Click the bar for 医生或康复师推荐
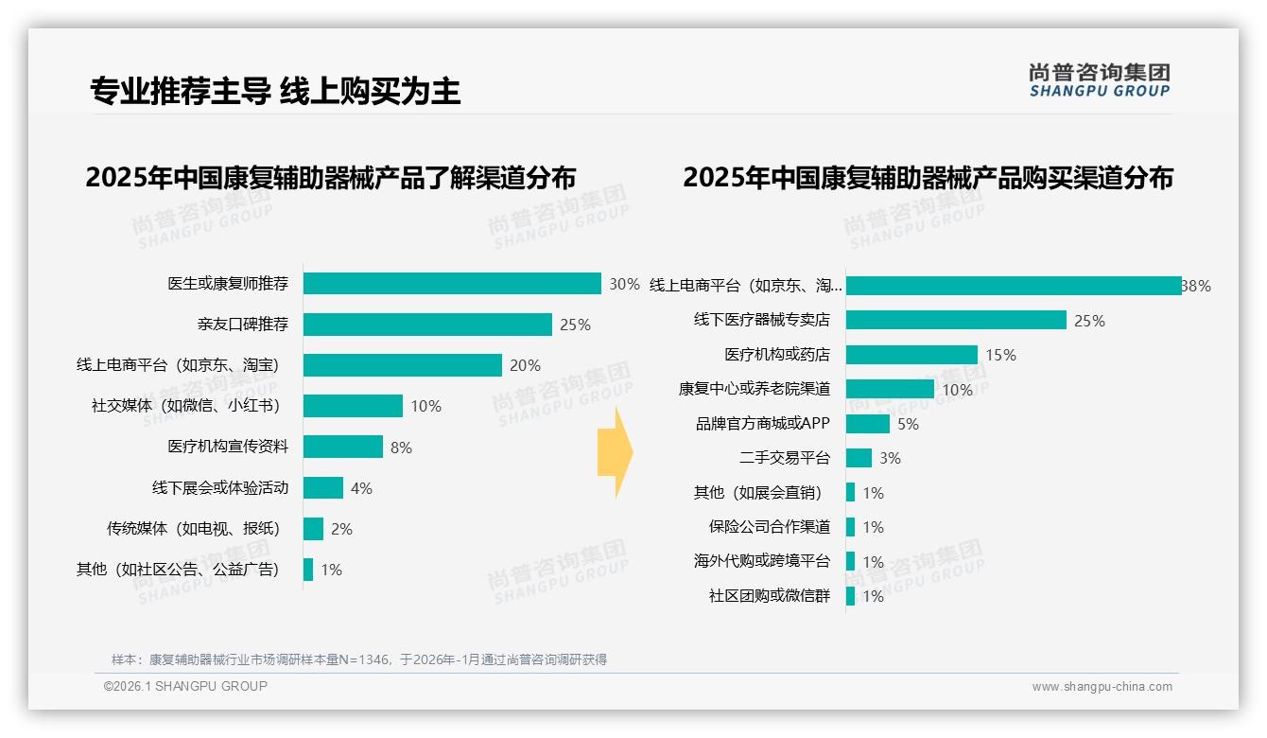point(452,284)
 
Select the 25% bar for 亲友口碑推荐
point(427,325)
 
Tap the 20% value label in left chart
point(525,365)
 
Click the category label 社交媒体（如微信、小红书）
point(186,406)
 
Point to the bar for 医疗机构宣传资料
point(343,447)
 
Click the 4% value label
point(361,488)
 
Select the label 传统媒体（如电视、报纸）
point(194,529)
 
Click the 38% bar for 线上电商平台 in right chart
point(1013,286)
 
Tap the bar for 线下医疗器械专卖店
point(956,321)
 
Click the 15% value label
point(1000,355)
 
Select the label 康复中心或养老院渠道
point(754,389)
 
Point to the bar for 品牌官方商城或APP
point(868,424)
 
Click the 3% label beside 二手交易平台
point(890,458)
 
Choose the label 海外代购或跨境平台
point(761,561)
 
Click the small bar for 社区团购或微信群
point(851,596)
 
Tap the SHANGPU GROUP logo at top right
point(1100,80)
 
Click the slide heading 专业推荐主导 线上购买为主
point(275,91)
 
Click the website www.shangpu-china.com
point(1102,687)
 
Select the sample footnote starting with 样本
point(359,659)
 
